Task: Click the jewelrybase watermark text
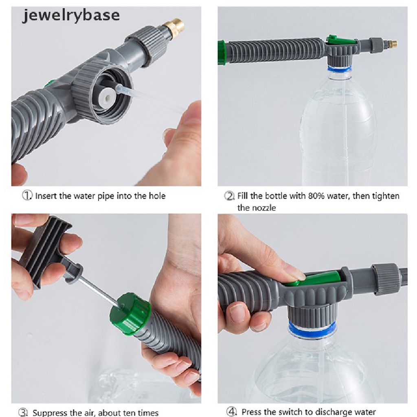71,16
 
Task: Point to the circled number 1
27,196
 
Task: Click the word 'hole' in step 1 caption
157,196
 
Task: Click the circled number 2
229,196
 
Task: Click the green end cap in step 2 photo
222,53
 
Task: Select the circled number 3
23,413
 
